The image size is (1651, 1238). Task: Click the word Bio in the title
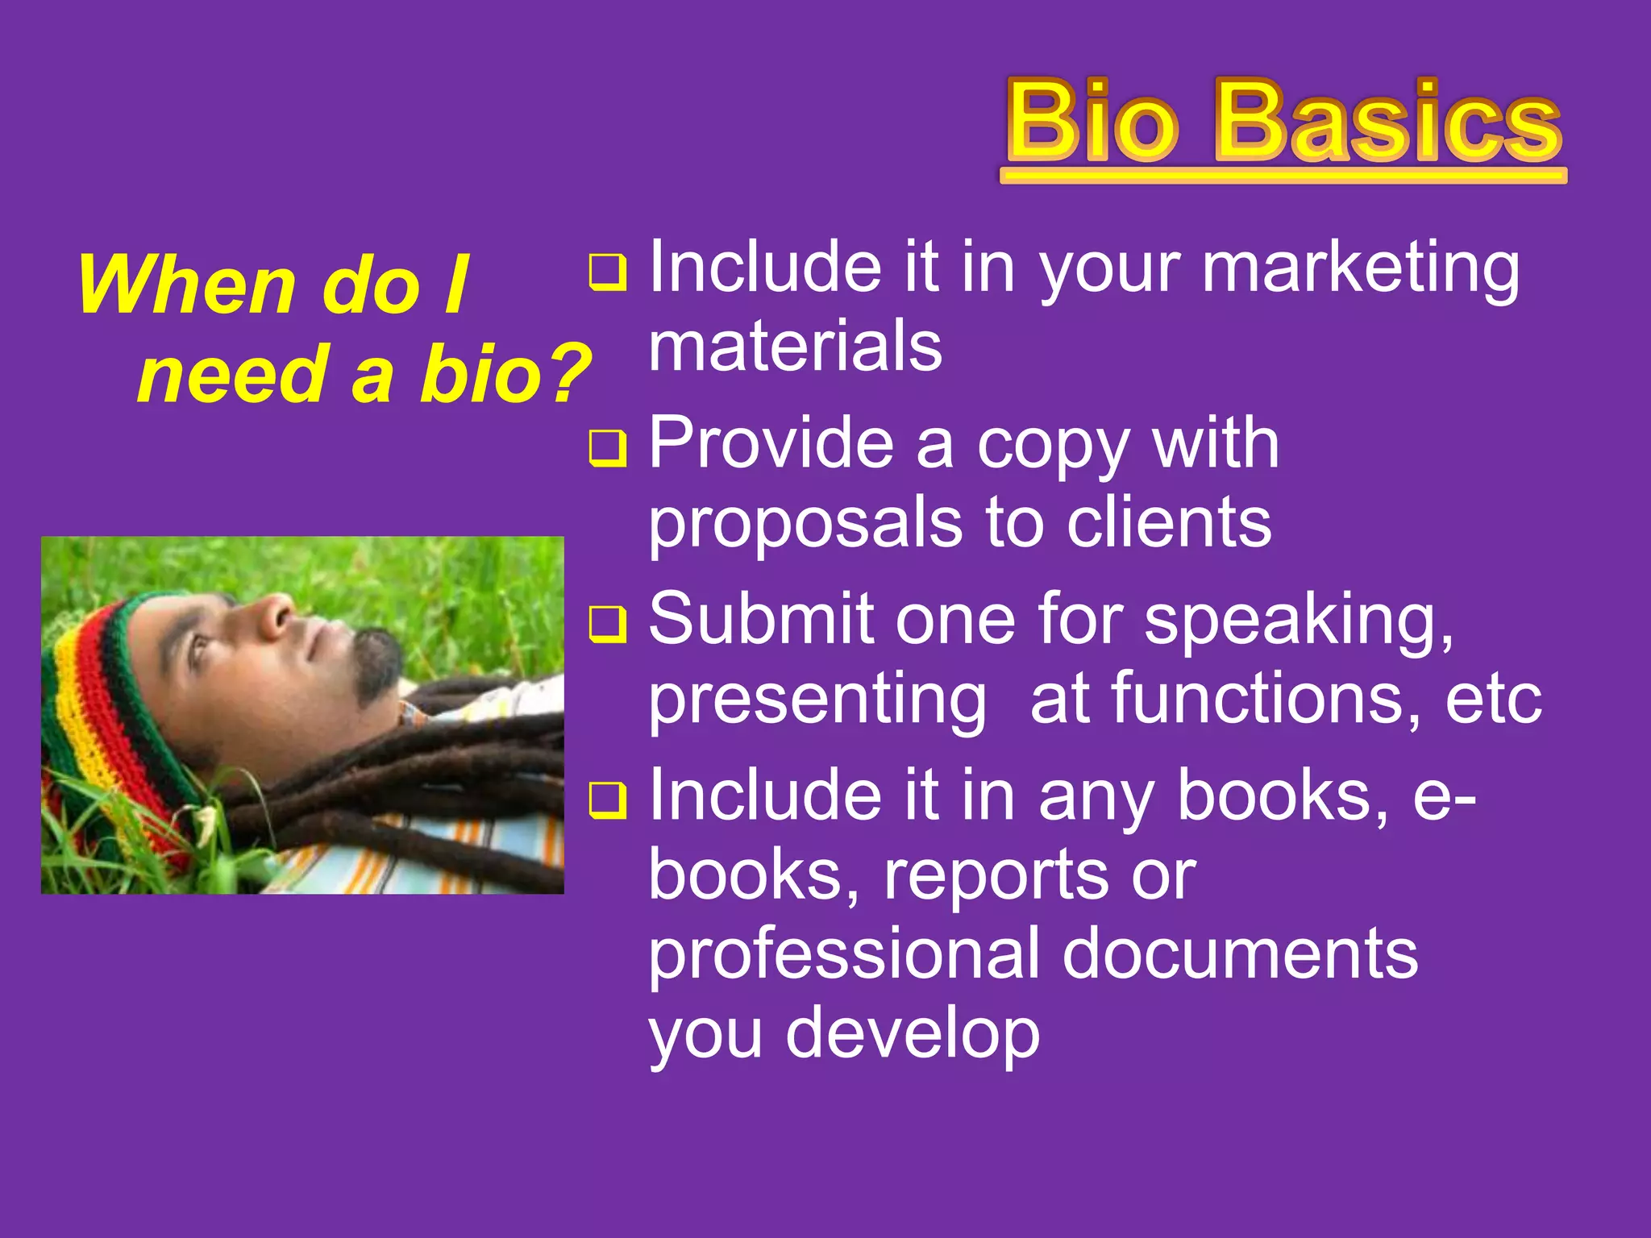(1092, 121)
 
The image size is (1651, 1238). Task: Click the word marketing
(1360, 270)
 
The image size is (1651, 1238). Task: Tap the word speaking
(1300, 621)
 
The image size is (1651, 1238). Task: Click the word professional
(844, 956)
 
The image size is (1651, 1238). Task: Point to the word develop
(913, 1035)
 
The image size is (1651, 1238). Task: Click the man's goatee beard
(377, 661)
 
